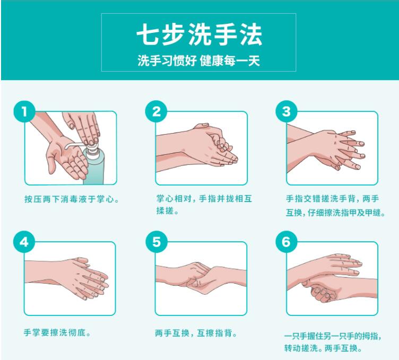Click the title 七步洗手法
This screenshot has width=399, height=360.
(x=199, y=34)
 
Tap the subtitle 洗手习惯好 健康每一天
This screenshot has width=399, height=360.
(x=199, y=61)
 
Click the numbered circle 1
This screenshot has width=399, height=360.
(x=24, y=111)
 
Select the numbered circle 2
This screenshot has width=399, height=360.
(x=156, y=111)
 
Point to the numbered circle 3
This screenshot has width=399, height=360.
(x=287, y=111)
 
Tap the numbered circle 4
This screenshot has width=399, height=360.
(x=24, y=242)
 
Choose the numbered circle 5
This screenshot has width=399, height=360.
(x=156, y=242)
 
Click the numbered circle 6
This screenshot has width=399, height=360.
(x=287, y=242)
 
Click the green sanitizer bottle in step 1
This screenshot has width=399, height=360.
(x=94, y=163)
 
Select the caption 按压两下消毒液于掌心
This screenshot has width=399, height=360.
(x=72, y=199)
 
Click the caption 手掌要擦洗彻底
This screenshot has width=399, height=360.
(x=57, y=332)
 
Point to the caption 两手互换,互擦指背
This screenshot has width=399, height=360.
(x=196, y=333)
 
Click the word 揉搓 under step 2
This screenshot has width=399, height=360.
(x=164, y=211)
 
